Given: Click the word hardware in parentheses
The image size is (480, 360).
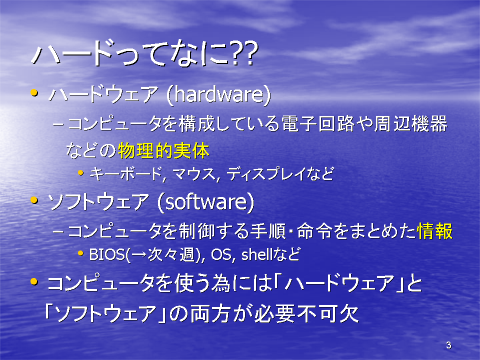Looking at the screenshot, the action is coord(218,94).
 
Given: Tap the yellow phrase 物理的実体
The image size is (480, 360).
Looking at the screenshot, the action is coord(164,150).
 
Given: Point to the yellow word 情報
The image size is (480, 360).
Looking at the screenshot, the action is coord(434,231).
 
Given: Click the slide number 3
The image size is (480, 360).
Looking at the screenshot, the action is coord(448,345).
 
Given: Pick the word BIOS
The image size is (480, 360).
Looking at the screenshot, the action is coord(107,254).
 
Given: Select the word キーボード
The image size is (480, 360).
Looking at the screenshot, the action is coord(126,174).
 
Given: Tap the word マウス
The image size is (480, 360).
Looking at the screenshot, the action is coord(194,174).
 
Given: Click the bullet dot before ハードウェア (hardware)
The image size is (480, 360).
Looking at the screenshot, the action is coord(34,92).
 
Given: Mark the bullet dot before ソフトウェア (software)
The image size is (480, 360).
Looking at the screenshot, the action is coord(34,200).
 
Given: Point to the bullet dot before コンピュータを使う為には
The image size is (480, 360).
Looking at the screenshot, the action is coord(34,281).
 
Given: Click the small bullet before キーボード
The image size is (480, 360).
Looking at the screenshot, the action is coord(80,172).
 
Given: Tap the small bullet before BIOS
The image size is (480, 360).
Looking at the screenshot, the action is coord(80,253).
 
